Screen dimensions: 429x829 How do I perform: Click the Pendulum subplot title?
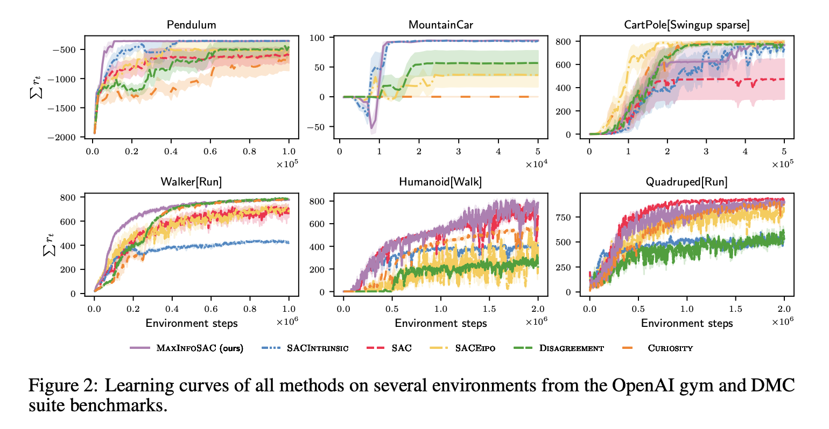(x=191, y=25)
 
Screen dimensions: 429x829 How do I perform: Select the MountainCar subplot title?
(x=440, y=25)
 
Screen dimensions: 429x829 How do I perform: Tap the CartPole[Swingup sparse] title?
(x=686, y=25)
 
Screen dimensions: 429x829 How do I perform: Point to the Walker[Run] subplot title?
(x=191, y=182)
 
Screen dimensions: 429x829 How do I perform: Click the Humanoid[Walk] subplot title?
(x=440, y=182)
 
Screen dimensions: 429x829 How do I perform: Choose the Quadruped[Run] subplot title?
(x=686, y=182)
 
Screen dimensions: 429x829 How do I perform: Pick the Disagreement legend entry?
(x=571, y=348)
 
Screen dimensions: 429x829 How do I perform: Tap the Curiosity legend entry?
(x=670, y=348)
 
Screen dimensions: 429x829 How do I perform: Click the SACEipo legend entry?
(x=475, y=348)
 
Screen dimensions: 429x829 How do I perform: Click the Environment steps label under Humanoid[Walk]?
(x=440, y=323)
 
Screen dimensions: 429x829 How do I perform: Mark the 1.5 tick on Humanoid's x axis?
(x=489, y=309)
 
